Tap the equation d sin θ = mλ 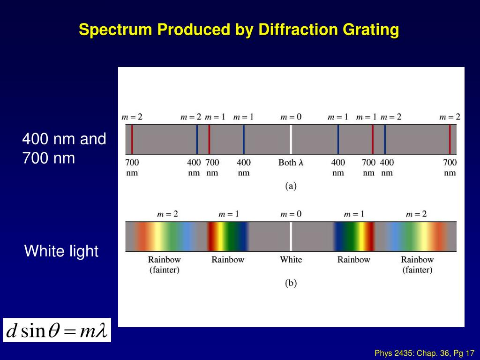[x=57, y=331]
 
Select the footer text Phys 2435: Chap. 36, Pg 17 [x=425, y=353]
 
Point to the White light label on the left [x=61, y=251]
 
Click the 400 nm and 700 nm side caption [x=64, y=149]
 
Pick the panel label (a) [x=291, y=186]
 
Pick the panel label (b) [x=291, y=283]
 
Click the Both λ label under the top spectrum [x=291, y=163]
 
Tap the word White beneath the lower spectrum [x=291, y=260]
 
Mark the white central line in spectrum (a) [x=291, y=139]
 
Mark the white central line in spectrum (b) [x=291, y=236]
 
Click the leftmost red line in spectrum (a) [x=132, y=139]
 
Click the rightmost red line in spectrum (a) [x=450, y=139]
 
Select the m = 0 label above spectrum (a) [x=291, y=117]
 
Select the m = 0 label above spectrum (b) [x=291, y=214]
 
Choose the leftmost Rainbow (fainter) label [x=164, y=264]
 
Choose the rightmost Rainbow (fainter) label [x=417, y=264]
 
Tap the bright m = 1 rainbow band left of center [x=228, y=236]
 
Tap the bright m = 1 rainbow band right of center [x=354, y=236]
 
